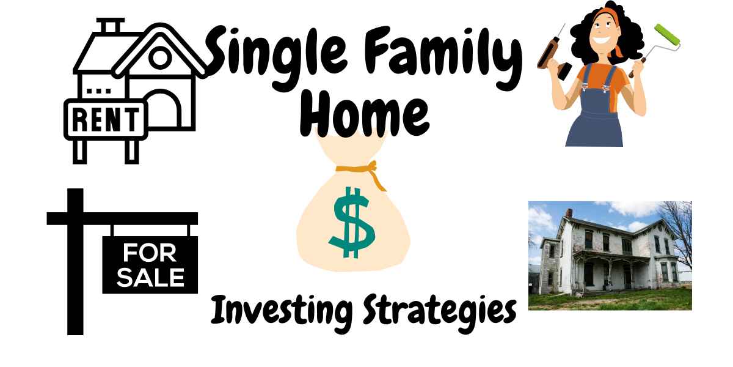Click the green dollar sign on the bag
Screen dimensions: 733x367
(352, 223)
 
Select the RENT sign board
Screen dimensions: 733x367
(106, 119)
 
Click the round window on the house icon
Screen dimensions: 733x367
(160, 57)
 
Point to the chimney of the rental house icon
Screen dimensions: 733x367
(111, 26)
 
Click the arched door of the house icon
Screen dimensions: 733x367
(161, 108)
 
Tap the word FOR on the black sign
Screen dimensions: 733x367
(150, 253)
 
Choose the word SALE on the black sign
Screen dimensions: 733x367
(150, 278)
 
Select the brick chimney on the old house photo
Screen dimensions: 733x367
(569, 213)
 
